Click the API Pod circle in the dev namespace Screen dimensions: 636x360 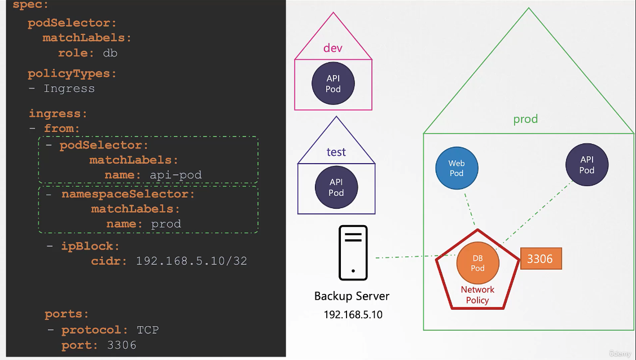point(333,84)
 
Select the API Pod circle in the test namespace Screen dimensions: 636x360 point(336,187)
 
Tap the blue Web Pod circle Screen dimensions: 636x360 point(457,168)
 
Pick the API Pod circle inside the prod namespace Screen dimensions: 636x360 point(587,165)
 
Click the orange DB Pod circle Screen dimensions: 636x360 point(478,263)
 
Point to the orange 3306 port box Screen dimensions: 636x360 point(541,258)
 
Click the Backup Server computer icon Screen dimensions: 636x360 point(353,253)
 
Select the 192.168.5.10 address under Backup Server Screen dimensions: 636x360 point(353,315)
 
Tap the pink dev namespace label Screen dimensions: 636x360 point(333,48)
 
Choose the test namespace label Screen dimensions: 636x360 point(336,152)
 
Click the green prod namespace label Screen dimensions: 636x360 point(526,119)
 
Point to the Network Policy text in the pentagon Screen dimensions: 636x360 point(477,295)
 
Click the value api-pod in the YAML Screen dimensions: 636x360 point(176,175)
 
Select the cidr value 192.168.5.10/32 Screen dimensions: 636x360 point(191,261)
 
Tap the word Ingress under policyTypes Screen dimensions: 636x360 point(69,89)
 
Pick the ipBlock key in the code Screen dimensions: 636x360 point(87,246)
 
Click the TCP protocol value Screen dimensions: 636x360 point(148,330)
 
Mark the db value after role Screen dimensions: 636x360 point(110,53)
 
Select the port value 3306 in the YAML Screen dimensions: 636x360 point(122,345)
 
